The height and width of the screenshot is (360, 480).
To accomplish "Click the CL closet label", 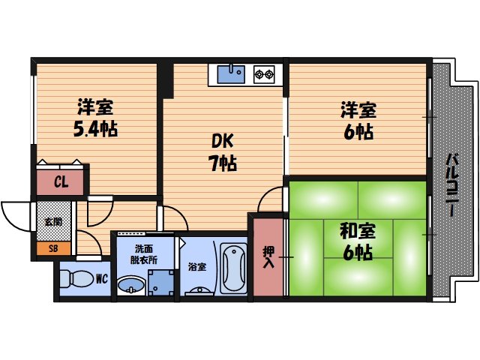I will pos(61,181).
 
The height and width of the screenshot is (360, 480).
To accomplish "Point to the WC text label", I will pos(100,280).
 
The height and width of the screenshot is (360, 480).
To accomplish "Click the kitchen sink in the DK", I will pos(231,73).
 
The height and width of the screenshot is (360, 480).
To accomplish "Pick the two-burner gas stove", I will pos(264,73).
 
